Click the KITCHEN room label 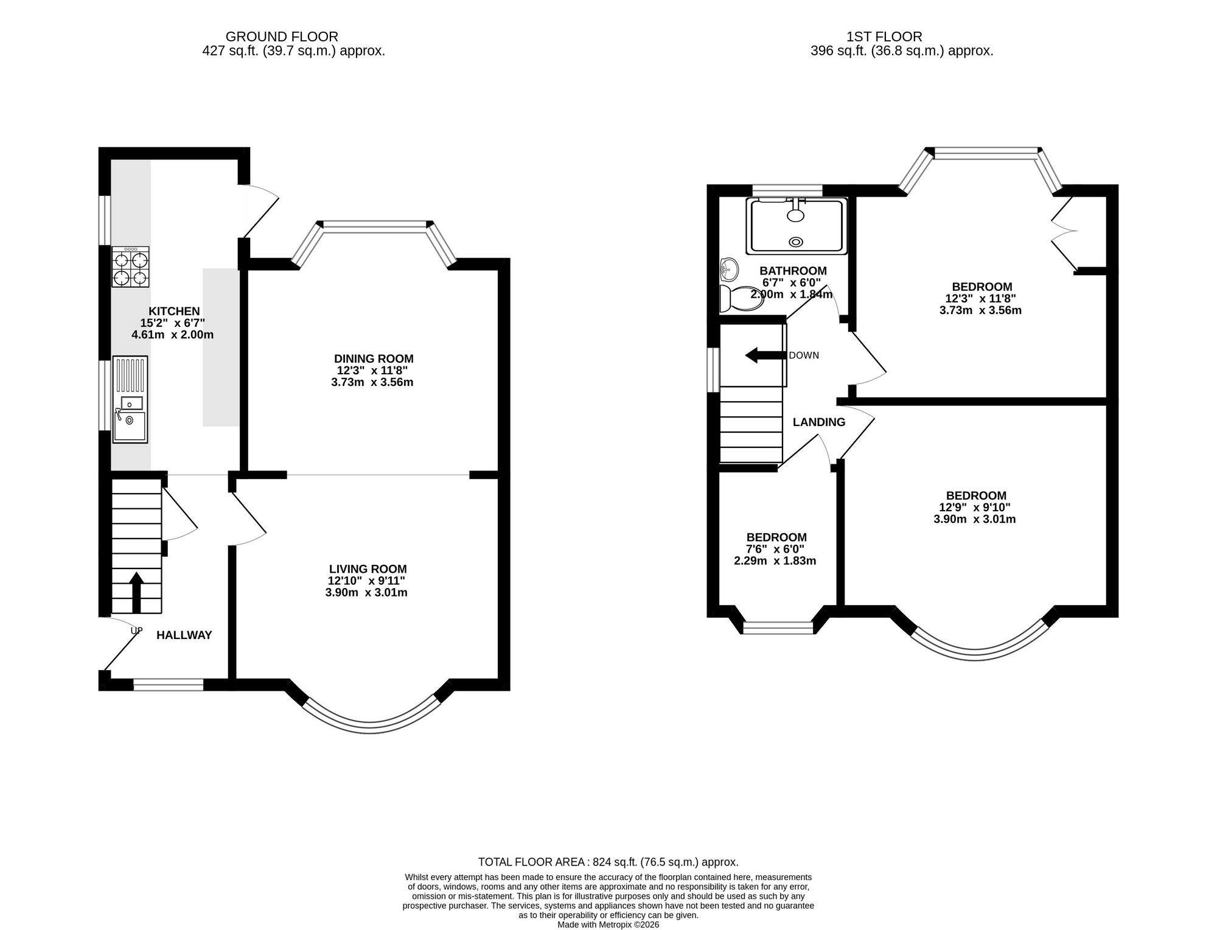174,312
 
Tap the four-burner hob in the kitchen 131,267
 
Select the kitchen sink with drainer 130,399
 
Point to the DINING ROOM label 374,359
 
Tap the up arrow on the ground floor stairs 136,592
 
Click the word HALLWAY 184,635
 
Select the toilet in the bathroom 741,299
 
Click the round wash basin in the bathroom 729,267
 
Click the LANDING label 819,422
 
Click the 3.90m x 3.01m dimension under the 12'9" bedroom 975,519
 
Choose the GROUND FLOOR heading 282,37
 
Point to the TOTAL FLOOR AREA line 608,862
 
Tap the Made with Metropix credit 608,925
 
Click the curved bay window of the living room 371,724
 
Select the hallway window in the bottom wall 169,685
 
